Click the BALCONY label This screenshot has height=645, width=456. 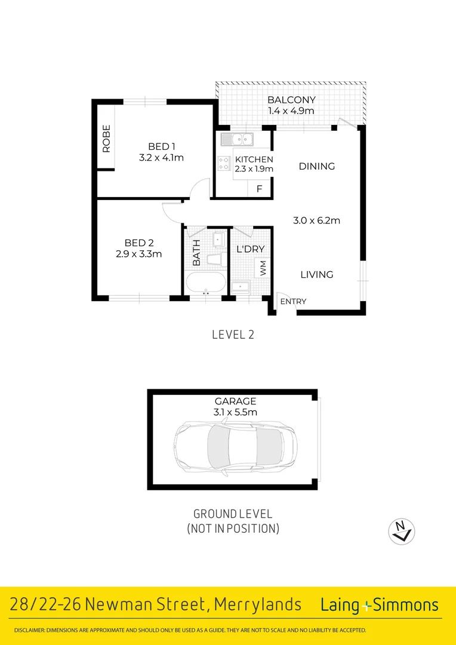coord(291,100)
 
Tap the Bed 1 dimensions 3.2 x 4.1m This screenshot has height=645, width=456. coord(161,158)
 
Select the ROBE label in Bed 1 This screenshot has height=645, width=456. coord(106,138)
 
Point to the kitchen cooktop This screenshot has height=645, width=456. coord(224,163)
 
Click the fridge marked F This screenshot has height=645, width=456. coord(259,189)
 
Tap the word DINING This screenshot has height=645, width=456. coord(317,167)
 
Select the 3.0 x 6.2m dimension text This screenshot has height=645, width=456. coord(316,220)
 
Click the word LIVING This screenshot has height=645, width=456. coord(316,275)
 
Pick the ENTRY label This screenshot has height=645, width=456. coord(293,302)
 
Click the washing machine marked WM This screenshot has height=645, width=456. coord(262,267)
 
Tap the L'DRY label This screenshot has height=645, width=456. coord(251,249)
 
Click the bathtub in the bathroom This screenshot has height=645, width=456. coord(205,282)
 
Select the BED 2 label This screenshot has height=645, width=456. coord(139,242)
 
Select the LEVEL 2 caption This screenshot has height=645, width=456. coord(233,334)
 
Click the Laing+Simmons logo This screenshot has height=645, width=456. coord(380,605)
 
